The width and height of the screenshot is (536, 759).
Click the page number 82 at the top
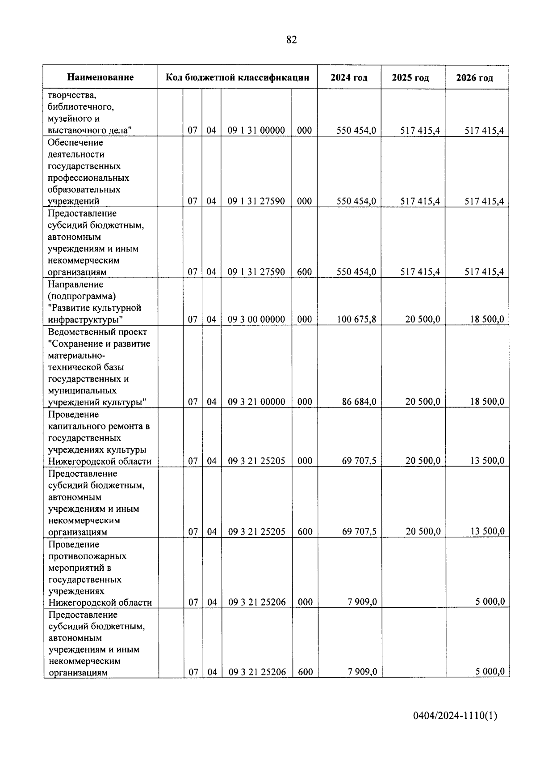pyautogui.click(x=291, y=40)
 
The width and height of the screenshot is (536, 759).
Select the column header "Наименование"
pyautogui.click(x=100, y=77)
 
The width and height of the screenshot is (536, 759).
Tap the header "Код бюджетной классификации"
pyautogui.click(x=237, y=77)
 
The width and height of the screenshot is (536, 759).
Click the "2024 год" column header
pyautogui.click(x=349, y=77)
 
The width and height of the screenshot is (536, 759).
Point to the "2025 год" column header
pyautogui.click(x=410, y=78)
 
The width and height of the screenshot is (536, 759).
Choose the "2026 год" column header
pyautogui.click(x=474, y=78)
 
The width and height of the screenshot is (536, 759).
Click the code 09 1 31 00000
pyautogui.click(x=256, y=131)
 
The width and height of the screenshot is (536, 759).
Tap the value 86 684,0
pyautogui.click(x=359, y=402)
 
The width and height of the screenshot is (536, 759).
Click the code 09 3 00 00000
pyautogui.click(x=256, y=319)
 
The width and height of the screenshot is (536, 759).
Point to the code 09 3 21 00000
pyautogui.click(x=256, y=402)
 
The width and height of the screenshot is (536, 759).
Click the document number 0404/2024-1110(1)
pyautogui.click(x=455, y=716)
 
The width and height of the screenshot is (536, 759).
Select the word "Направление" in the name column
pyautogui.click(x=75, y=284)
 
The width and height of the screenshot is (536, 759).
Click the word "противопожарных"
pyautogui.click(x=87, y=556)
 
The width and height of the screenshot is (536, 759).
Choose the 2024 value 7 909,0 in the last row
pyautogui.click(x=362, y=672)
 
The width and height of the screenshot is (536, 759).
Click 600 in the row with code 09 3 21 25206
pyautogui.click(x=306, y=672)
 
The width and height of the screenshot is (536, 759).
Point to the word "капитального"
pyautogui.click(x=77, y=426)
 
